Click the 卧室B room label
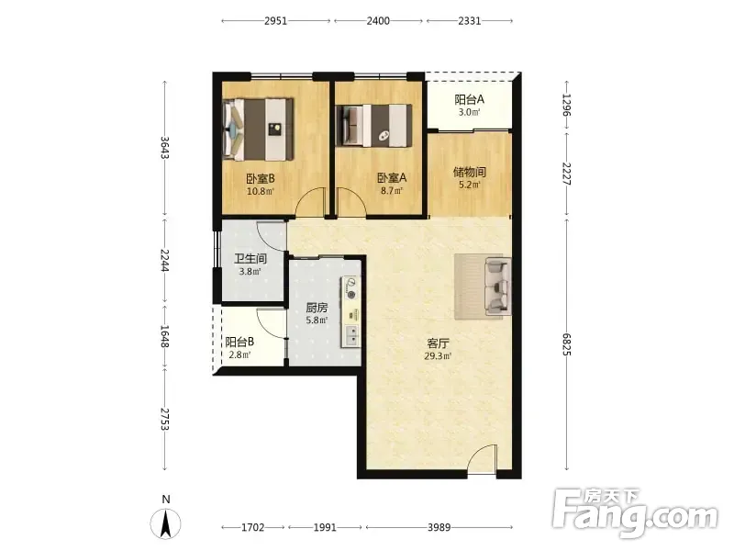(x=261, y=178)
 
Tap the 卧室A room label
(x=392, y=178)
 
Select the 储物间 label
(x=470, y=172)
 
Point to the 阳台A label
(x=469, y=99)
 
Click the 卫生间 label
(x=250, y=259)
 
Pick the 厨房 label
(x=317, y=308)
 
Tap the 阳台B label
(x=239, y=342)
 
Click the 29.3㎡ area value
(x=438, y=356)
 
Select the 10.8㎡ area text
(x=261, y=191)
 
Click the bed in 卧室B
(x=259, y=129)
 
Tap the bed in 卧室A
(x=374, y=126)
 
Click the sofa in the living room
(x=498, y=286)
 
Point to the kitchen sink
(x=351, y=335)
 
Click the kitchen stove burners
(x=351, y=288)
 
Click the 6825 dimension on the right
(x=567, y=344)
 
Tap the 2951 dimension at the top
(x=276, y=21)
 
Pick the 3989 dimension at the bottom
(x=439, y=527)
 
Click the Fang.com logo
(x=635, y=513)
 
